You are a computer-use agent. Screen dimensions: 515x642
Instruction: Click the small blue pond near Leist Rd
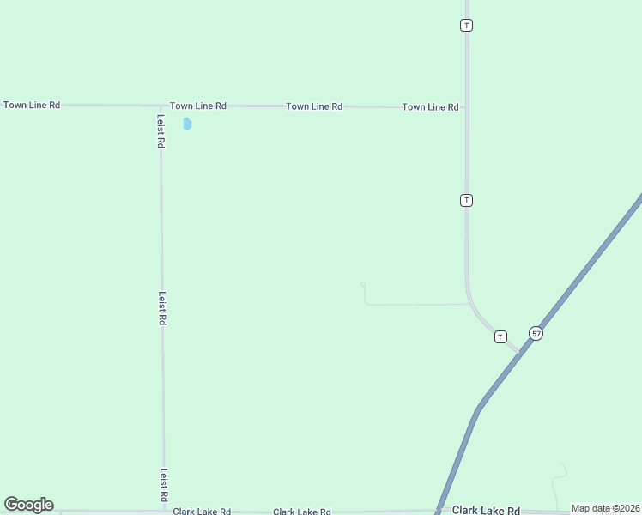[x=187, y=124]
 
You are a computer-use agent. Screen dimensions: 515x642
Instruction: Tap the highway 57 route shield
[x=536, y=333]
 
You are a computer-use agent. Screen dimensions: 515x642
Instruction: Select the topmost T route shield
[x=466, y=25]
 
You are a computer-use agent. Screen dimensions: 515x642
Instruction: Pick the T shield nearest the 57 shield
[x=500, y=336]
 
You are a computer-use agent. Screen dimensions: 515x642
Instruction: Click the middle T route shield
[x=466, y=200]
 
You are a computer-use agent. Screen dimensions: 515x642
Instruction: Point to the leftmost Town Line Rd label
[x=32, y=105]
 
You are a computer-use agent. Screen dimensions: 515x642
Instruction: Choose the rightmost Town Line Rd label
[x=430, y=107]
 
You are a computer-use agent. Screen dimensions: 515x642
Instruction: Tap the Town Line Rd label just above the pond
[x=197, y=106]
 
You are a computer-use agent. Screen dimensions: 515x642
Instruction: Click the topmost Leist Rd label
[x=160, y=131]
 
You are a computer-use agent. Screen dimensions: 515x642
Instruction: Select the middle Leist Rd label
[x=161, y=307]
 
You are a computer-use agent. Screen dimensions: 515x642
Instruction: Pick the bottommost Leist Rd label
[x=162, y=485]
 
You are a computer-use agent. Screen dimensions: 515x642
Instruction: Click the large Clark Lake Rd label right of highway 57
[x=486, y=510]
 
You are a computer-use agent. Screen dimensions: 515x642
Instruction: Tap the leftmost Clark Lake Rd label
[x=202, y=512]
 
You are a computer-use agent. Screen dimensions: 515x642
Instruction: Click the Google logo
[x=28, y=505]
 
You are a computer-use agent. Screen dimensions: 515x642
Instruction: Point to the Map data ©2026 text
[x=605, y=508]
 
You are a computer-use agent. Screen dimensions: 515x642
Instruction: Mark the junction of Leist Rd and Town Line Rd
[x=160, y=106]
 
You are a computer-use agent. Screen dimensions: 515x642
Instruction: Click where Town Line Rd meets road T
[x=466, y=108]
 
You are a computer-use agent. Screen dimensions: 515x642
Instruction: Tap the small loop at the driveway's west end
[x=363, y=284]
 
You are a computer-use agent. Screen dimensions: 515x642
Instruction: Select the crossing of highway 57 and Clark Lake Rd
[x=439, y=510]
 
